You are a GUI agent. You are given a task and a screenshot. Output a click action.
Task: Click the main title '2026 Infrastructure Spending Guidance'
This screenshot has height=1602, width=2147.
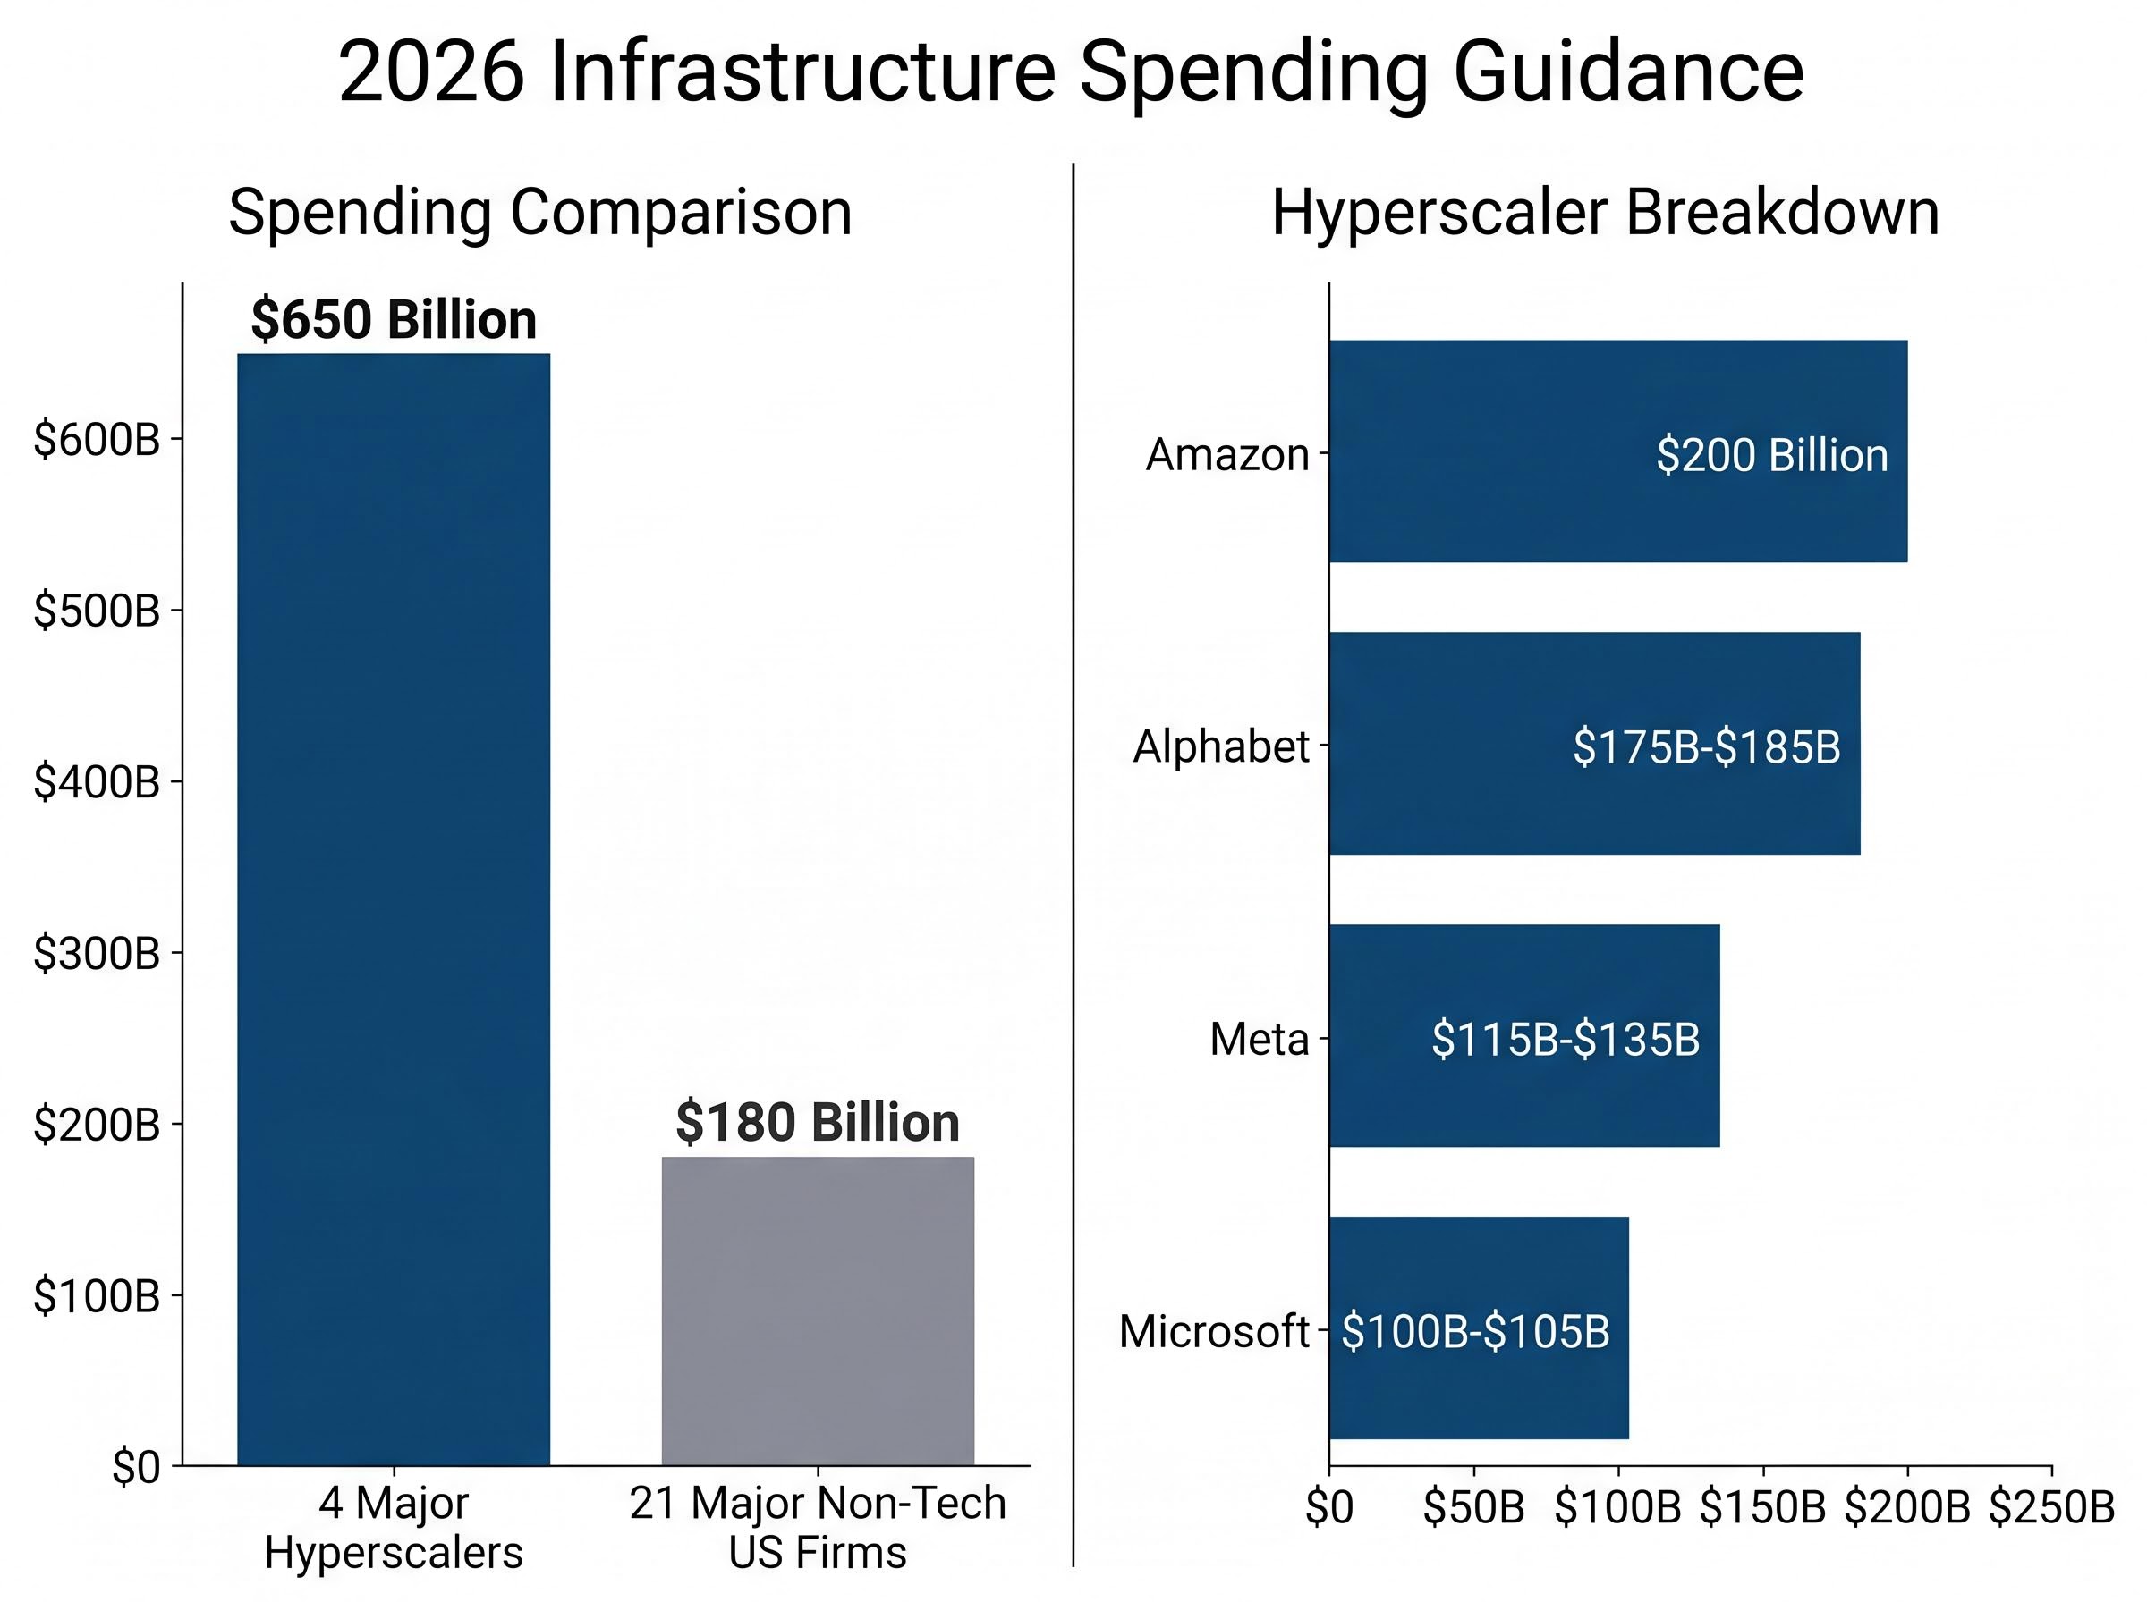tap(1070, 72)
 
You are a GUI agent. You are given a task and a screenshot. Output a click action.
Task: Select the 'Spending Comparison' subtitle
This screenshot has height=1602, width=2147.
tap(539, 213)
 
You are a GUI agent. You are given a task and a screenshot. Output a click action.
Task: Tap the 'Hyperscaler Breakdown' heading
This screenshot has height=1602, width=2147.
tap(1605, 213)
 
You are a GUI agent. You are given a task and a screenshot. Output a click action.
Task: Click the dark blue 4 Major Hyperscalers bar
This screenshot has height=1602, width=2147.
tap(393, 912)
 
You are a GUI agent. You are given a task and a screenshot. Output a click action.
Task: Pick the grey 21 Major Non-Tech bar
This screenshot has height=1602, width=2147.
tap(817, 1310)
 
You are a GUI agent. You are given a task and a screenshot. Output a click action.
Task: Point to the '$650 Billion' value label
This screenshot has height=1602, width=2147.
tap(393, 320)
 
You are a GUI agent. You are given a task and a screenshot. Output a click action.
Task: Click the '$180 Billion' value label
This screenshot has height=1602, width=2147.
tap(817, 1123)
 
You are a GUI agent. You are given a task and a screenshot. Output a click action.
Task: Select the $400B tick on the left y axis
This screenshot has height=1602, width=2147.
tap(96, 781)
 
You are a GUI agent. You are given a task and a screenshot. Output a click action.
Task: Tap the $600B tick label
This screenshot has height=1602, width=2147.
tap(96, 440)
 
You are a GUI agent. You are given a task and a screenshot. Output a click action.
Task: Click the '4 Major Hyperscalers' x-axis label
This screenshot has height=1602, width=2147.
tap(393, 1527)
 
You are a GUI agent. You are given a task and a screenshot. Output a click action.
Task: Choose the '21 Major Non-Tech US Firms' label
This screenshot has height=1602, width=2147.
tap(817, 1527)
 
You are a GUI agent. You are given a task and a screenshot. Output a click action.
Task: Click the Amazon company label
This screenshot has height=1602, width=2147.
tap(1226, 455)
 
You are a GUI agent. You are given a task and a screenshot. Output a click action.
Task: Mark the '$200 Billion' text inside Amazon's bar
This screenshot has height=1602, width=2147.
tap(1771, 456)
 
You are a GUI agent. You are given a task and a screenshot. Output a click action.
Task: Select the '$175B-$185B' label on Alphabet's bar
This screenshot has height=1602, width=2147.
tap(1706, 747)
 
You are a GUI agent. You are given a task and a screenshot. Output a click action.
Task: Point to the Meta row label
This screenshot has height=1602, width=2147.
tap(1259, 1040)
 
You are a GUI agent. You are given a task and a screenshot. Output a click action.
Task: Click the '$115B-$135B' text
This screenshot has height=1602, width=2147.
tap(1565, 1040)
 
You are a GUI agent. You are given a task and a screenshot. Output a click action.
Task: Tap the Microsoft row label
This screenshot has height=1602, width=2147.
tap(1213, 1331)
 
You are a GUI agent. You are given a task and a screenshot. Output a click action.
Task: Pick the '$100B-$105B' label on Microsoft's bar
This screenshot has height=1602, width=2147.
tap(1474, 1331)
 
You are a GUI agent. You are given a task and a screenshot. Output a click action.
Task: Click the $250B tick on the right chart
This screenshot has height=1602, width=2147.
tap(2051, 1508)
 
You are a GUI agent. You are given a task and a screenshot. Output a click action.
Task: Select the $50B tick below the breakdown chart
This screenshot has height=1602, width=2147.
tap(1472, 1508)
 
